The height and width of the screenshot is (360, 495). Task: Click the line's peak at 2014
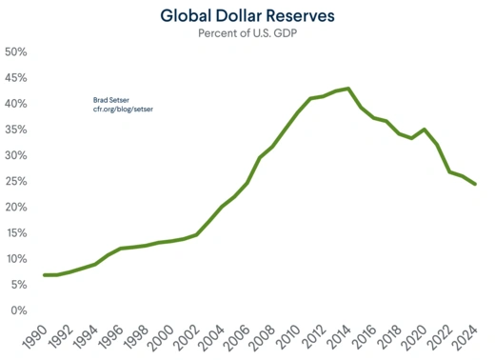349,89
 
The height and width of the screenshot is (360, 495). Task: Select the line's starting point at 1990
45,275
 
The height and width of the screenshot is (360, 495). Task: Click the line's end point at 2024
475,184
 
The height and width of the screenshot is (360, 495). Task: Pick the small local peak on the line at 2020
425,130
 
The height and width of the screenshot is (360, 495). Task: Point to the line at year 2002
196,234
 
